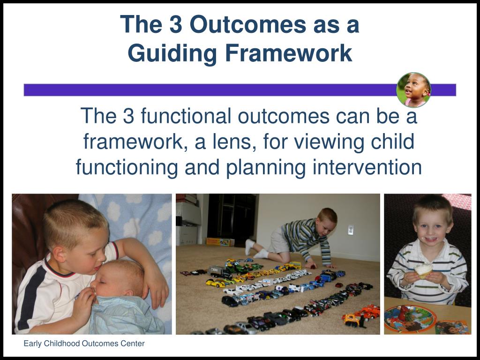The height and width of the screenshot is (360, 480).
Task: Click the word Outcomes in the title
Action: (x=247, y=24)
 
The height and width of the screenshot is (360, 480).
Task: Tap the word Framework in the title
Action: (x=288, y=53)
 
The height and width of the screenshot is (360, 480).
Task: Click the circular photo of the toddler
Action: (x=413, y=90)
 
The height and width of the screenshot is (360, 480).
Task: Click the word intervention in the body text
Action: (x=367, y=167)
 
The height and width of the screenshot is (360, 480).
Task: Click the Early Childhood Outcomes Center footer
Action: (x=84, y=344)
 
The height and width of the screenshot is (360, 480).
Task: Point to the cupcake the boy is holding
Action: (x=423, y=270)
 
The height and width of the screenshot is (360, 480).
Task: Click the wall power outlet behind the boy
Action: (x=351, y=230)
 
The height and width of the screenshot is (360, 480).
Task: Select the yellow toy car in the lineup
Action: (x=215, y=284)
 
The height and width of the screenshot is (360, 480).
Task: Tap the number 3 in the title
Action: (x=176, y=24)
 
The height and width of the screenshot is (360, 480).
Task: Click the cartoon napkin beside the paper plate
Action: (x=452, y=327)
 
